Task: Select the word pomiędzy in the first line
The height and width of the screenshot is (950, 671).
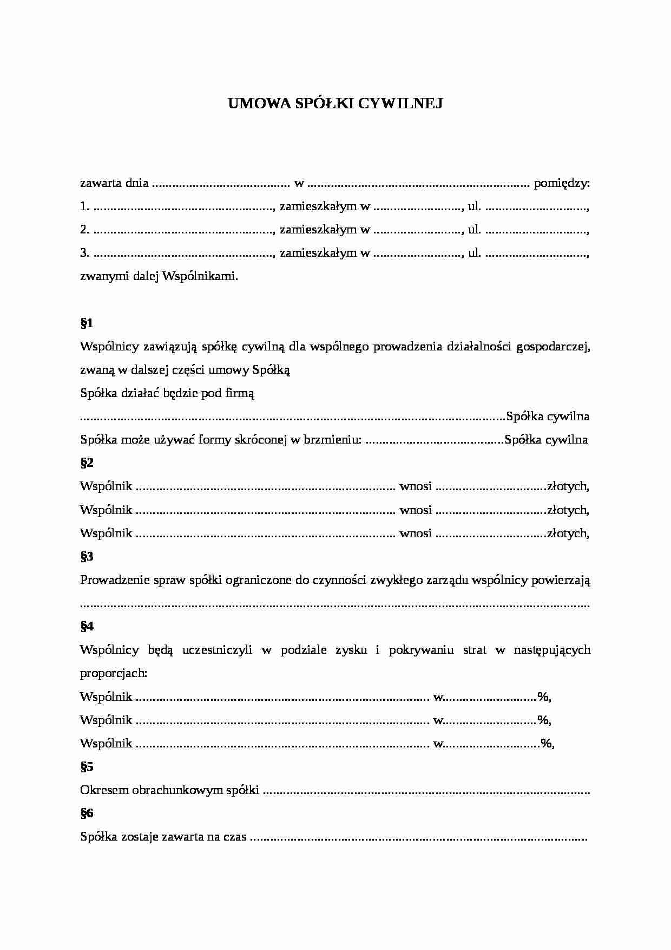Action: (561, 183)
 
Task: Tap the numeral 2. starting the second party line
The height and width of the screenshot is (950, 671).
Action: (84, 230)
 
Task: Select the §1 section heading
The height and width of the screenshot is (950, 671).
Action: (87, 323)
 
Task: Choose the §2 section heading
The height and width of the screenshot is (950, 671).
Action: (87, 463)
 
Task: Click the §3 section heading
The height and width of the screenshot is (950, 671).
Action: (87, 556)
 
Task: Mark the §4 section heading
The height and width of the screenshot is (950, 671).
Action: (87, 627)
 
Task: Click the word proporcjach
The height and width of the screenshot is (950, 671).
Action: (113, 673)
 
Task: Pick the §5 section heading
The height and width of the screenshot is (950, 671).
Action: (87, 766)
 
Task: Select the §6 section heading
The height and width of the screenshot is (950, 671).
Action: (87, 813)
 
